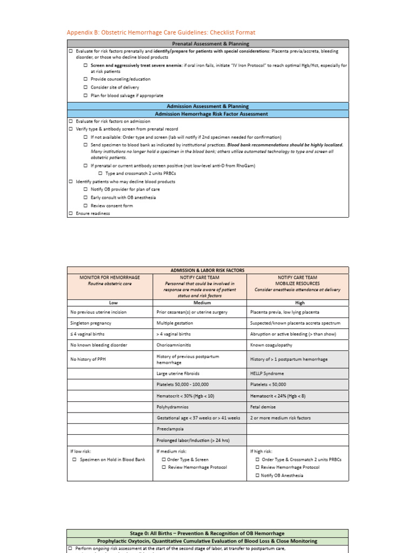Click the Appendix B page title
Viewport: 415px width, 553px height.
point(161,33)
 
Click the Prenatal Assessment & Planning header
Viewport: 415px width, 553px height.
point(208,44)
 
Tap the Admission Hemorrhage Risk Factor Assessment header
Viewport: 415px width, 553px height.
point(208,114)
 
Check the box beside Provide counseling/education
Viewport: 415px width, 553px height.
point(86,79)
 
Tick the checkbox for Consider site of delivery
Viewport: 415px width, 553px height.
point(86,87)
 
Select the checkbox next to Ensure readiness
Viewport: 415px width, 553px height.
point(71,213)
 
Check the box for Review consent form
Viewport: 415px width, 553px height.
point(86,206)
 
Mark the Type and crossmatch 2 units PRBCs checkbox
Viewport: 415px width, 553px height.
point(101,173)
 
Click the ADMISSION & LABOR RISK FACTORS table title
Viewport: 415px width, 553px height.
point(208,270)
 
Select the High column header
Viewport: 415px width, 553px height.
point(298,303)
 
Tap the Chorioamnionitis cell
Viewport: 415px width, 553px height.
point(174,345)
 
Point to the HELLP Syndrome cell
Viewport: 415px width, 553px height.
point(266,373)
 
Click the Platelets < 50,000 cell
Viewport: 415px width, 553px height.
point(269,385)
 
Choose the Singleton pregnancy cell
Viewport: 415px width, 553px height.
point(91,323)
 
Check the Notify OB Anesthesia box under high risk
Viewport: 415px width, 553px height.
point(258,475)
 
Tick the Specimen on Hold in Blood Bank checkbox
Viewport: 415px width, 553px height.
point(75,460)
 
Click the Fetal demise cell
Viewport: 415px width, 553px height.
point(264,407)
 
